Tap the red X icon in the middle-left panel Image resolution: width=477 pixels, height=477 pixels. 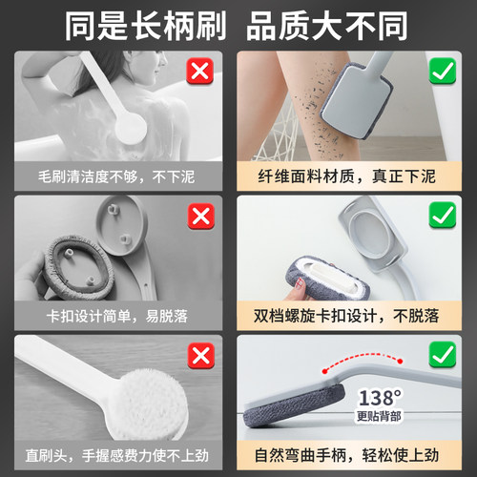[200, 216]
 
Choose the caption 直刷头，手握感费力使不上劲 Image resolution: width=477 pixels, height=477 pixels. [116, 456]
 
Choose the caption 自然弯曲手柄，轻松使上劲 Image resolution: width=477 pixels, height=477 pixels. [358, 456]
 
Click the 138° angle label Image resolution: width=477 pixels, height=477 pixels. [378, 396]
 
